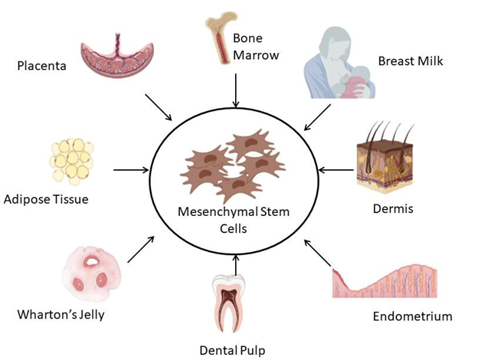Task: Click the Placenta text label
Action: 41,66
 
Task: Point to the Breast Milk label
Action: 411,60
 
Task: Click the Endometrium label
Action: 412,316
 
